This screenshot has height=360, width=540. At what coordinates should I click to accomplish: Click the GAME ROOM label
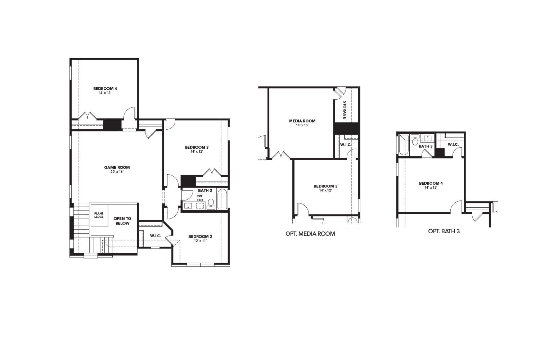point(117,167)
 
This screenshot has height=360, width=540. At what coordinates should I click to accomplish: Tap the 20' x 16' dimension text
point(117,172)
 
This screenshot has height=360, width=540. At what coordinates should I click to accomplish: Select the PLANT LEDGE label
point(99,215)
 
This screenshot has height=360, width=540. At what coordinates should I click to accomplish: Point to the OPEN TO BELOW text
point(122,221)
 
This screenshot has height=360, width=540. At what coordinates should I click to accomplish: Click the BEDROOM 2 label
point(200,237)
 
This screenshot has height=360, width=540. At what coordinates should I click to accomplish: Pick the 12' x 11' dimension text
point(200,241)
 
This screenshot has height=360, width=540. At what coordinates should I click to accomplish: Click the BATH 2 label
point(205,190)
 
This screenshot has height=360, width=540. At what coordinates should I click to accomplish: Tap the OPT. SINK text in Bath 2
point(200,198)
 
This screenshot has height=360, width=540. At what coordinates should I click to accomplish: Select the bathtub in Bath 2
point(222,199)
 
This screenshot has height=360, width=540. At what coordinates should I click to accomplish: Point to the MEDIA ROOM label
point(302,121)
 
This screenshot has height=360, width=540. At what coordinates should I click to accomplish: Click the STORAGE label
point(345,110)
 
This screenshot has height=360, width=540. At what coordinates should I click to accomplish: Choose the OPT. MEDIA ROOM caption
point(310,234)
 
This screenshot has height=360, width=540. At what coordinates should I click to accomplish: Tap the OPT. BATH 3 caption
point(444,231)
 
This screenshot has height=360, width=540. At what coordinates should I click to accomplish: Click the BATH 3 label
point(426,146)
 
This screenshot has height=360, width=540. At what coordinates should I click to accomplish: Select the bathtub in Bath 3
point(404,145)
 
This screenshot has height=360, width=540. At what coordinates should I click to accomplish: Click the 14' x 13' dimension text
point(105,93)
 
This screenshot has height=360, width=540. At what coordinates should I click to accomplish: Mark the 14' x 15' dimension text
point(302,125)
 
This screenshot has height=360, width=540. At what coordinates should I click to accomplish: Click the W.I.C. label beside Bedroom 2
point(156,236)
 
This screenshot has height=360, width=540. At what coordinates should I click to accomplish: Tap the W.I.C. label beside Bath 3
point(453,144)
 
